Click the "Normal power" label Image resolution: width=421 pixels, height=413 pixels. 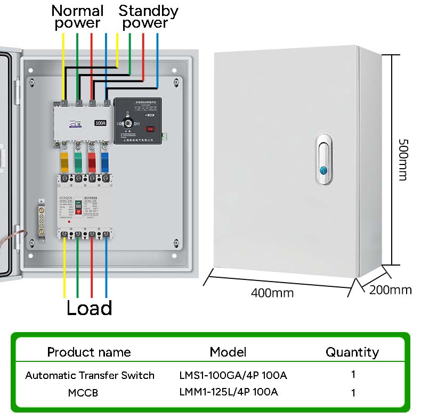[x=77, y=16]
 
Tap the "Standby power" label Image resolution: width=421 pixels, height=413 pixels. [x=148, y=16]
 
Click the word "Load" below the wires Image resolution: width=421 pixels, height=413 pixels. [x=89, y=308]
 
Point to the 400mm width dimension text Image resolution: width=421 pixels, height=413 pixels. [x=272, y=293]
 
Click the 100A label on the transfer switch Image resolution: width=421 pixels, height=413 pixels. [x=100, y=123]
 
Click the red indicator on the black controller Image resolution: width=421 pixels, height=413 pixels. [x=151, y=128]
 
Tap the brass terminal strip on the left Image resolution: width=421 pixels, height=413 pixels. [x=41, y=218]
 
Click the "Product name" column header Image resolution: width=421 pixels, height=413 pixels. [x=89, y=352]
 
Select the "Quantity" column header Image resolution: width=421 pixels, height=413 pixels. [x=352, y=352]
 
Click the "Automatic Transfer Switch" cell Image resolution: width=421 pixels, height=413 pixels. [x=90, y=375]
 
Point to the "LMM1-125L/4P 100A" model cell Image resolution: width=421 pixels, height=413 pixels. [x=229, y=392]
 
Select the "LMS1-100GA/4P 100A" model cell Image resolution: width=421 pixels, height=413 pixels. [x=233, y=375]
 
